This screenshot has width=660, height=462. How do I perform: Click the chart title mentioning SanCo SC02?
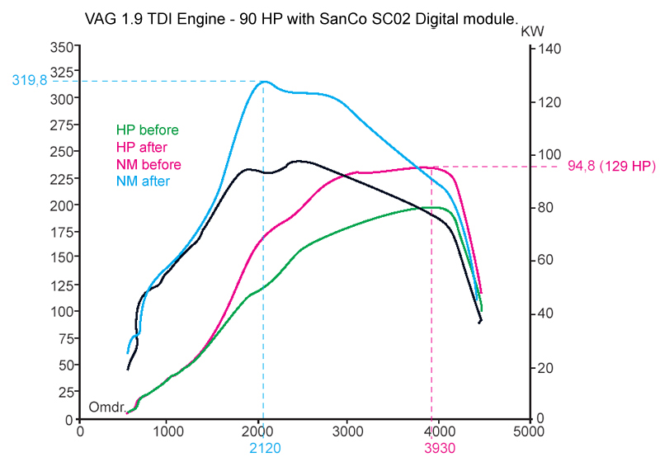pyautogui.click(x=302, y=17)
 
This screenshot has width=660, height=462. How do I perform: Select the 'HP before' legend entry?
pyautogui.click(x=148, y=130)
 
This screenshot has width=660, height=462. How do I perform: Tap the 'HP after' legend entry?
pyautogui.click(x=142, y=148)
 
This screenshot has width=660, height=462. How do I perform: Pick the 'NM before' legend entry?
pyautogui.click(x=148, y=165)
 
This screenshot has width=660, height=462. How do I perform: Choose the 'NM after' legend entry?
pyautogui.click(x=143, y=182)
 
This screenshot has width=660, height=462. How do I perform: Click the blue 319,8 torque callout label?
pyautogui.click(x=30, y=81)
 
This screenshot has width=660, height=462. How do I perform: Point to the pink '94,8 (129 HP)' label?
pyautogui.click(x=611, y=167)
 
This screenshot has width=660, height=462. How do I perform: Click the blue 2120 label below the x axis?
pyautogui.click(x=263, y=447)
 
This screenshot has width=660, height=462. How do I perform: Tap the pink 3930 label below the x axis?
pyautogui.click(x=431, y=447)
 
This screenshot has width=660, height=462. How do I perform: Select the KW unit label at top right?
pyautogui.click(x=533, y=31)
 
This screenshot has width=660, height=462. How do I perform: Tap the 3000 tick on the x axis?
pyautogui.click(x=349, y=431)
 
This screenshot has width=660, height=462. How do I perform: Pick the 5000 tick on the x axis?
pyautogui.click(x=528, y=431)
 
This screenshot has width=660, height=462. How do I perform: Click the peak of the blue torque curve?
pyautogui.click(x=264, y=82)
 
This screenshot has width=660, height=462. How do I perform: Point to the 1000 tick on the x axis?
pyautogui.click(x=169, y=431)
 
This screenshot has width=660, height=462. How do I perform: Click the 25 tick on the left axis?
pyautogui.click(x=66, y=393)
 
